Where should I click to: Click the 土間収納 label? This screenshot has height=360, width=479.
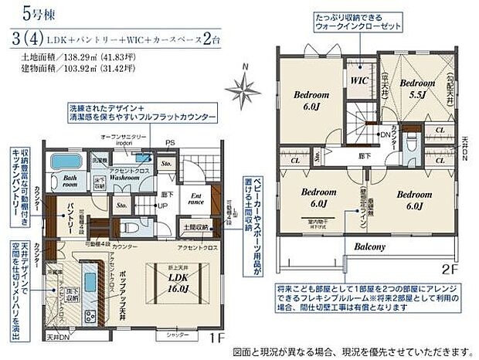(197, 227)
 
